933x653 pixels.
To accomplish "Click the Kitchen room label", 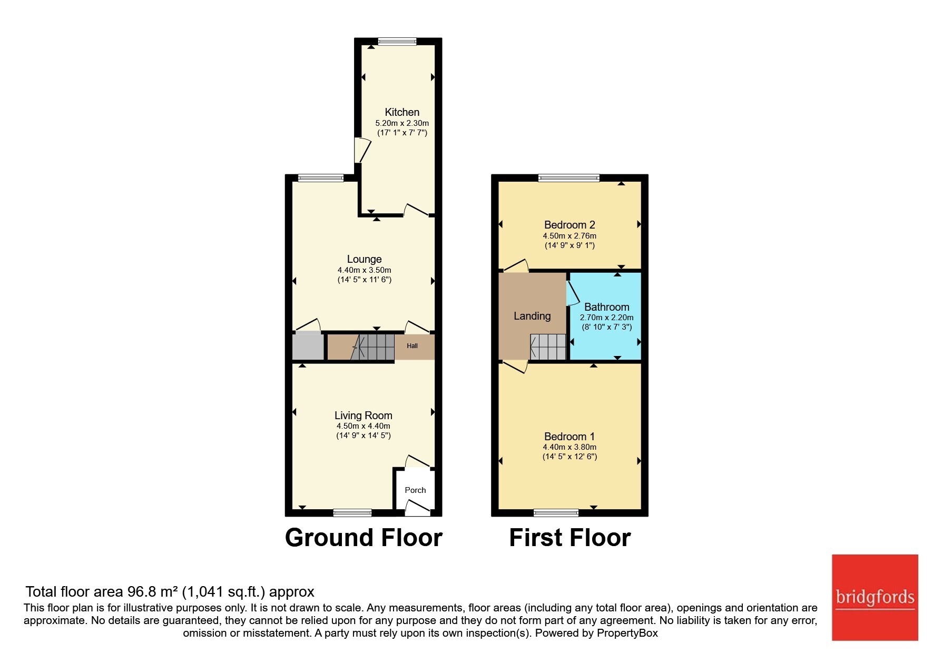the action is click(402, 112).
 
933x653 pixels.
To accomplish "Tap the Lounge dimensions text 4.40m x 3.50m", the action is click(365, 270).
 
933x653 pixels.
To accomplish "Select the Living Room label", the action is click(364, 415).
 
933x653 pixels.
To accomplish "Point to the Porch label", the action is click(415, 490).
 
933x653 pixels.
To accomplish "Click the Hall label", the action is click(413, 346).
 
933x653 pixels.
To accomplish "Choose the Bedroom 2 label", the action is click(569, 225).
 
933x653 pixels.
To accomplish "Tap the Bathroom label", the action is click(607, 307).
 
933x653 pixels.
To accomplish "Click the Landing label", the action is click(532, 316).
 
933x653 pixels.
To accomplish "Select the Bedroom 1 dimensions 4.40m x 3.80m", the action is click(570, 447).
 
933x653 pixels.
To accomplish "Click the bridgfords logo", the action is click(875, 598).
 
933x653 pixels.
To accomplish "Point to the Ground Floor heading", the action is click(364, 538).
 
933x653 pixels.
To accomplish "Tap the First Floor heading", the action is click(570, 538).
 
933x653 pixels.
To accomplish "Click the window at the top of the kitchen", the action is click(397, 41).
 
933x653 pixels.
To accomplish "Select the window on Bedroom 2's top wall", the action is click(569, 178).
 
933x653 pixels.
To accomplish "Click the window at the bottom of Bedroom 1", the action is click(556, 512).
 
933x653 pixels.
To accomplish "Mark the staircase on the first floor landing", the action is click(548, 347).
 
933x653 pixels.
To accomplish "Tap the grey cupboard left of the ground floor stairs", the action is click(308, 346).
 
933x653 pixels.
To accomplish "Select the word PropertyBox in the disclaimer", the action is click(627, 633).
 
